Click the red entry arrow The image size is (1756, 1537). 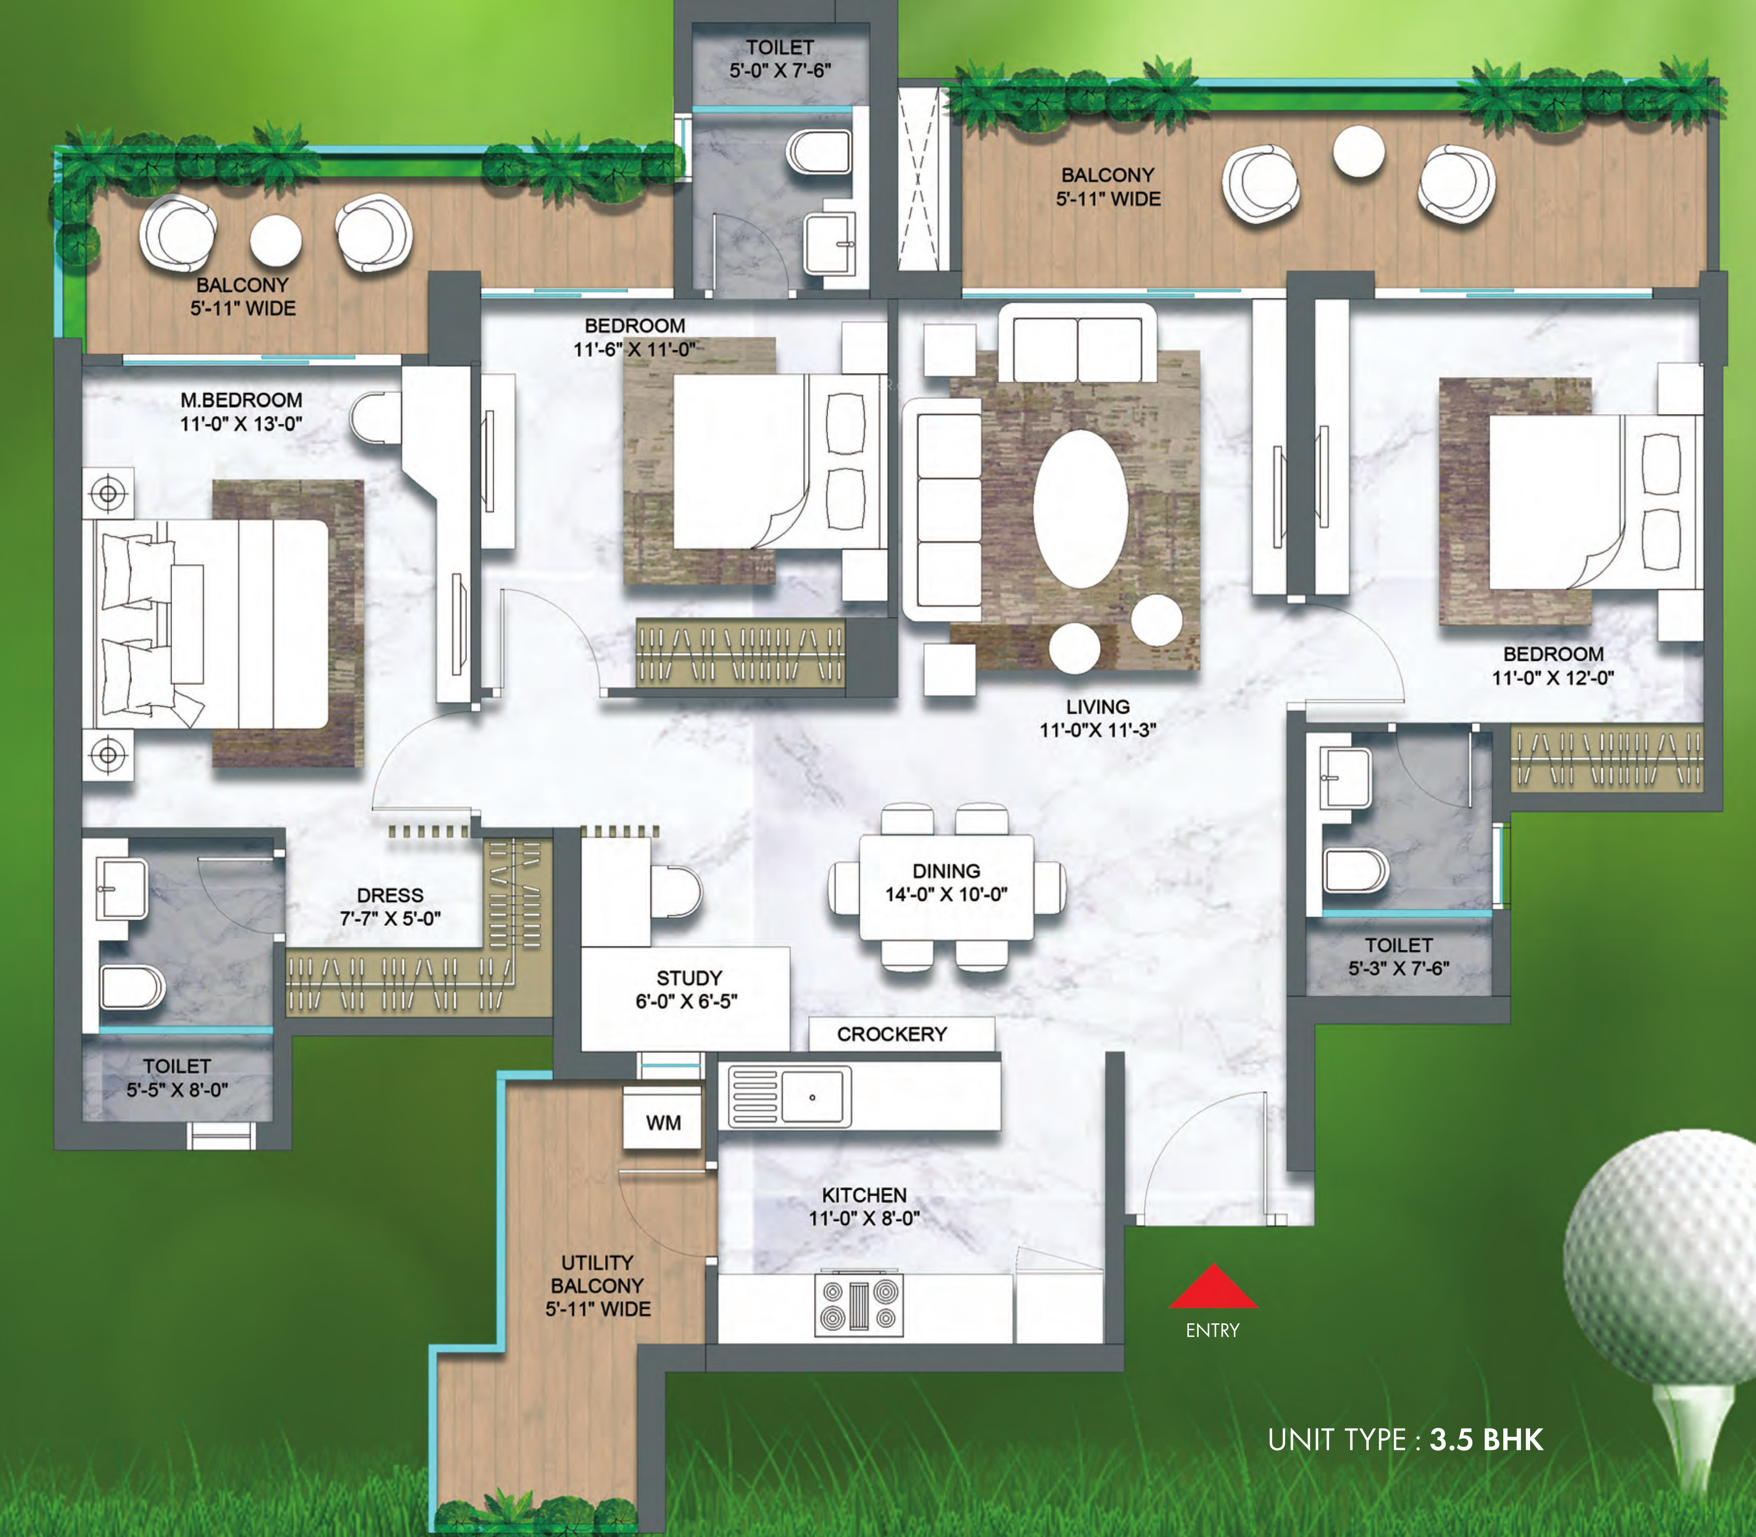coord(1213,1287)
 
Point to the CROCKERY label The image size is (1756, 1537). coord(892,1034)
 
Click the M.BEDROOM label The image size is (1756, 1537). coord(241,400)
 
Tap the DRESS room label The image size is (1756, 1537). coord(390,895)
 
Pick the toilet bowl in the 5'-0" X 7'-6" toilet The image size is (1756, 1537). coord(818,153)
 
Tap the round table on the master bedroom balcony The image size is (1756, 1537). coord(275,239)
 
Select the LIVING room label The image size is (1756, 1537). coord(1098,707)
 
